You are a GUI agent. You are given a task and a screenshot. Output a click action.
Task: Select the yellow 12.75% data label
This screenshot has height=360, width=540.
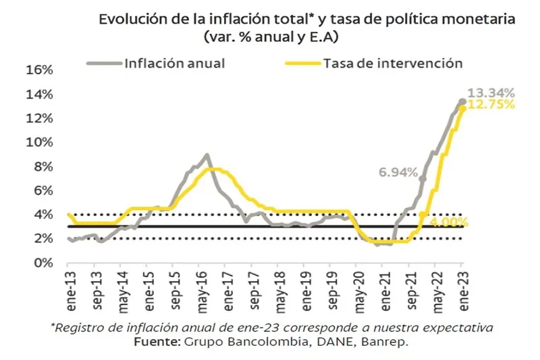[x=491, y=105]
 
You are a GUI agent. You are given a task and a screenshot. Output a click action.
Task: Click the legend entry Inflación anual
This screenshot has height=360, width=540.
[x=174, y=63]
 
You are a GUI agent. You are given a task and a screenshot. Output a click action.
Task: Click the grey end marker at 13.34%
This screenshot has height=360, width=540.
[x=462, y=101]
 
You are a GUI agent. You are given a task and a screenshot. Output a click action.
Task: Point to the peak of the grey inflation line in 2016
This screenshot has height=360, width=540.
[x=207, y=155]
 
